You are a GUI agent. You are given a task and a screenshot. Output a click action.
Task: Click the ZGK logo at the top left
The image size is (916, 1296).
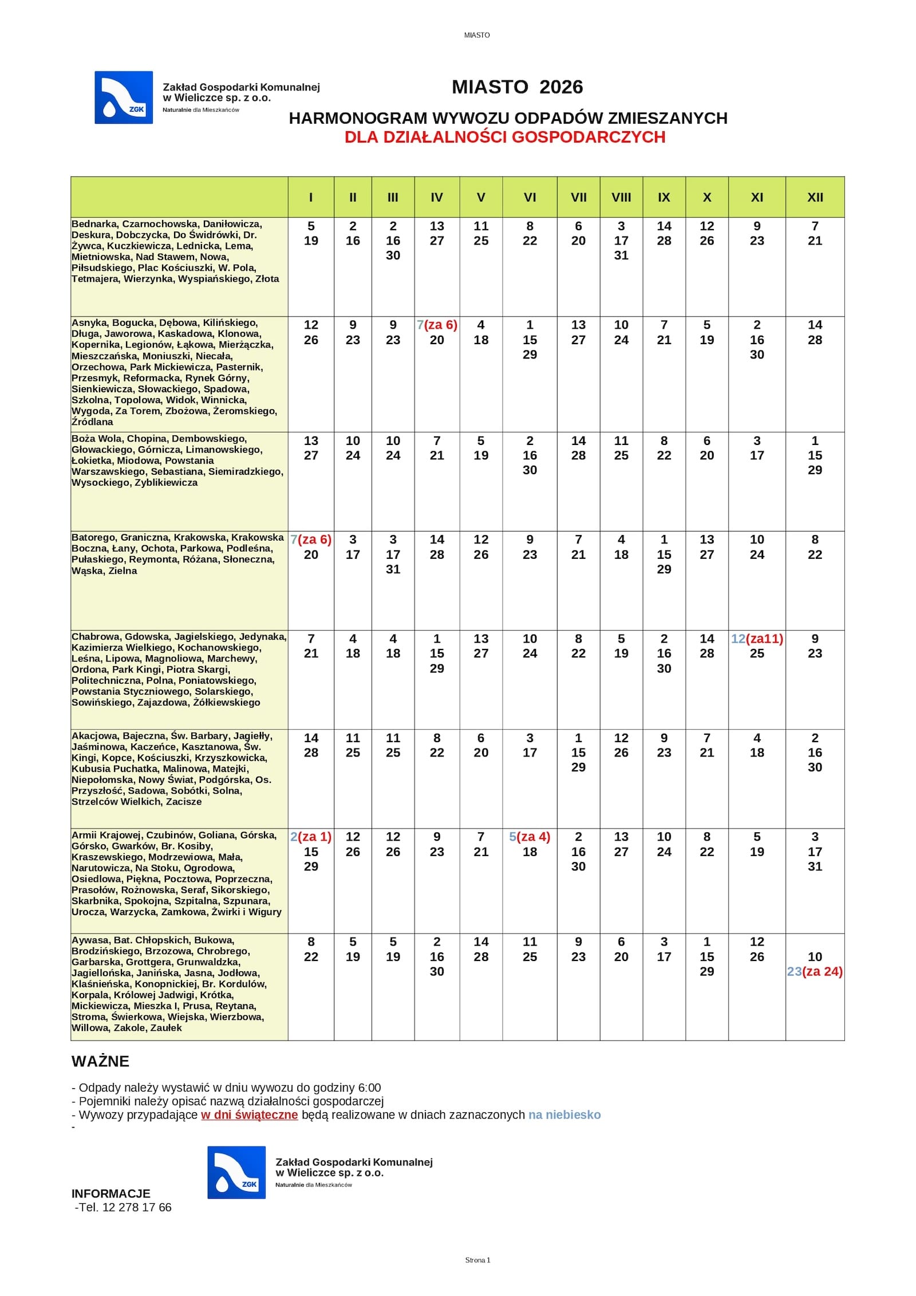coord(124,97)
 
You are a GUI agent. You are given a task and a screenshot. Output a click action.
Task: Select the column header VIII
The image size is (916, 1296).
coord(621,198)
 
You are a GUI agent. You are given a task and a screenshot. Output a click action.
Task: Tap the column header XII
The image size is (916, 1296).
coord(814,198)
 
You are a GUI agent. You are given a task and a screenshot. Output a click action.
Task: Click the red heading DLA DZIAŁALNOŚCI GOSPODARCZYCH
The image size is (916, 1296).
coord(504,137)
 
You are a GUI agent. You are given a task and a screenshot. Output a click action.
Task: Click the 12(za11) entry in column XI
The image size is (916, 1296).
coord(756,639)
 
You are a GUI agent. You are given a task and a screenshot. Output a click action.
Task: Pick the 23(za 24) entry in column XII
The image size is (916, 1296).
coord(814,971)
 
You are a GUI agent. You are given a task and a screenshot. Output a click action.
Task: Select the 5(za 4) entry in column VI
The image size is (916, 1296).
coord(529,837)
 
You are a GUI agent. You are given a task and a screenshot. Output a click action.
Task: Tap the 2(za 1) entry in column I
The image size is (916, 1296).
coord(311,837)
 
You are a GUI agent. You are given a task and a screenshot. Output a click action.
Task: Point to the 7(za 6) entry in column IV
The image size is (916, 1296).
coord(436,325)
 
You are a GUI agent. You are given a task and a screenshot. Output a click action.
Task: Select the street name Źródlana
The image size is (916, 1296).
coord(92,422)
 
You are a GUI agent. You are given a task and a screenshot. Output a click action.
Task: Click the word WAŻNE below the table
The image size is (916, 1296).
coord(100,1061)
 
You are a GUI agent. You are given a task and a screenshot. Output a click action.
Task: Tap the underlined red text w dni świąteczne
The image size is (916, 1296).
coord(249,1114)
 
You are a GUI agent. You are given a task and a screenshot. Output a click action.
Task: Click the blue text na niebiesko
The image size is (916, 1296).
coord(564,1114)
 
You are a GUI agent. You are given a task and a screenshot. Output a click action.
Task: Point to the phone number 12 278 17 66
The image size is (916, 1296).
coord(136,1207)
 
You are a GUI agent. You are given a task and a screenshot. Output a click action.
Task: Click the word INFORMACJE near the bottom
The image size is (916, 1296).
coord(110,1193)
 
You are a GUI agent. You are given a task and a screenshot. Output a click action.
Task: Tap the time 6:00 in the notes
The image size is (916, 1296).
coord(369,1088)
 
